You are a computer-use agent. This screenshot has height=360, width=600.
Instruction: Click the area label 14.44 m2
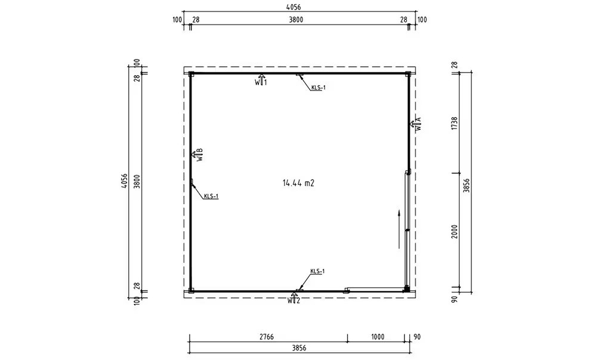click(298, 183)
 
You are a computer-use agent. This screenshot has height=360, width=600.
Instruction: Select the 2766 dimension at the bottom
click(267, 337)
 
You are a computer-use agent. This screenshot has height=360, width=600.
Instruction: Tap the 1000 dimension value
click(378, 337)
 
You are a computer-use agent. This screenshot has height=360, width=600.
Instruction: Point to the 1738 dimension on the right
click(454, 123)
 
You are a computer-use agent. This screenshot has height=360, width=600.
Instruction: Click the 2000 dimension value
click(454, 231)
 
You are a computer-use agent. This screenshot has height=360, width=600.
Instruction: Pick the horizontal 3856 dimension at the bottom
click(299, 348)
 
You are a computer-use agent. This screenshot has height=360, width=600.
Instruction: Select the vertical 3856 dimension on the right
click(466, 185)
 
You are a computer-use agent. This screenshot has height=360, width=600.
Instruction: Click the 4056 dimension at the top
click(293, 7)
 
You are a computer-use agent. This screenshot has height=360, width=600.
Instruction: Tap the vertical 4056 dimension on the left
click(124, 181)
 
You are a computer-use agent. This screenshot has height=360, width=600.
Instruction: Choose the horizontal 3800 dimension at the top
click(295, 20)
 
